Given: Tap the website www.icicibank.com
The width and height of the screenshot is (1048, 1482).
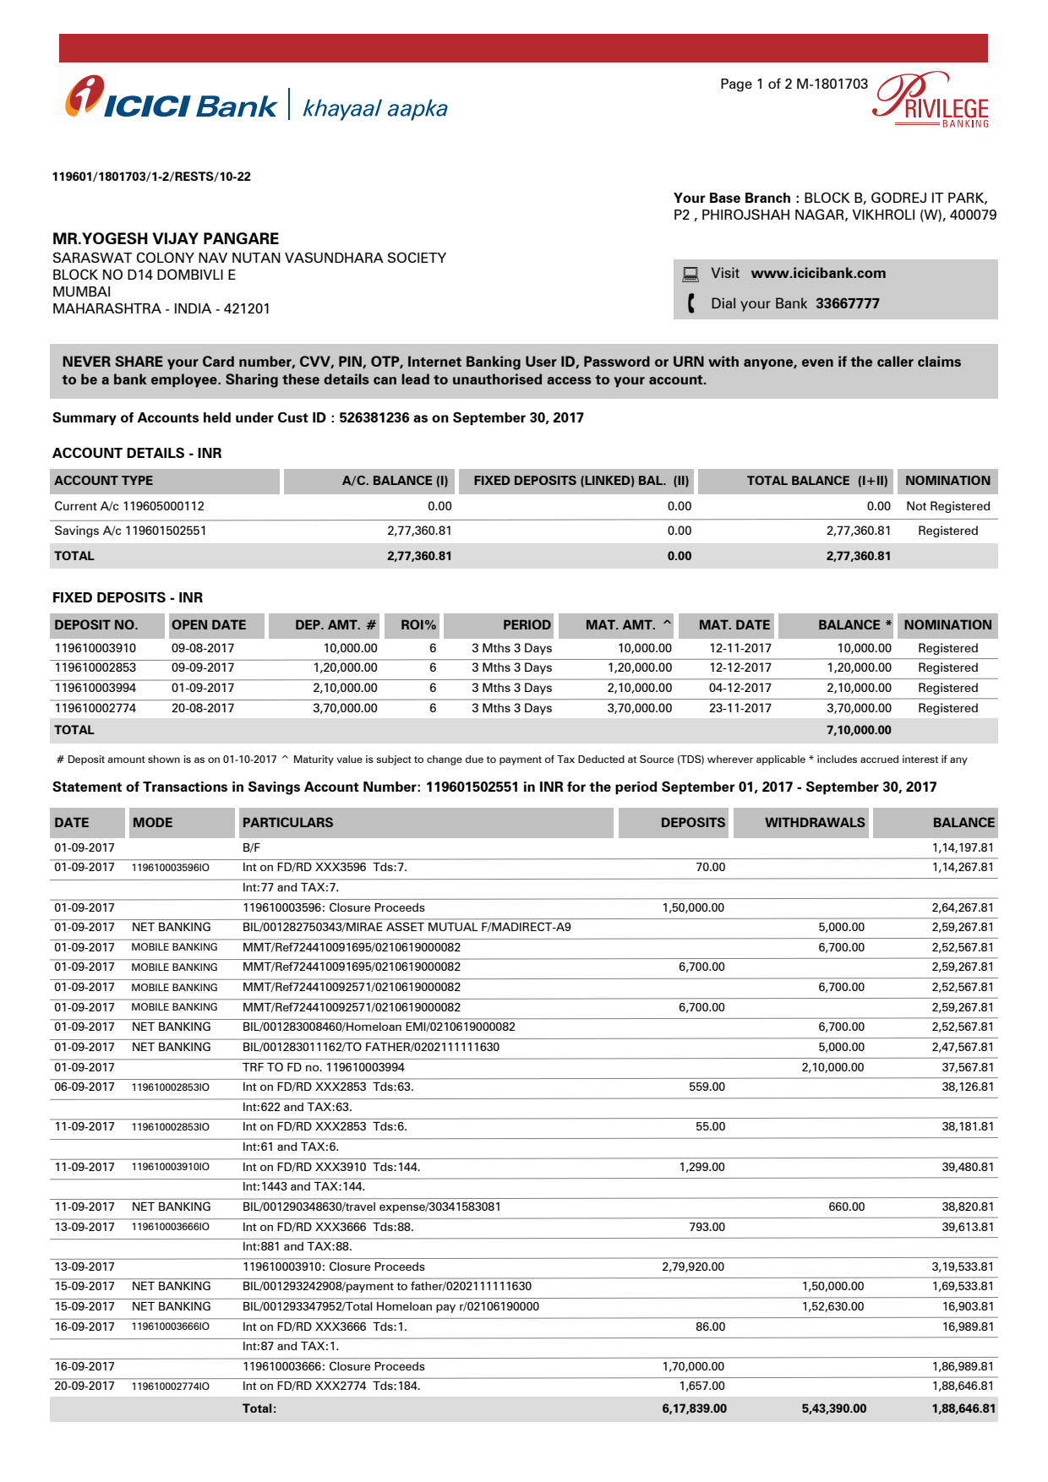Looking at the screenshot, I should click(x=818, y=273).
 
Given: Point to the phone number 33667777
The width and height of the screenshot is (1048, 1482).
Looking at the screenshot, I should click(x=847, y=303).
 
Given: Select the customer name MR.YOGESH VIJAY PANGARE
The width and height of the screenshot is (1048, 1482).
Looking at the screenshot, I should click(x=166, y=238).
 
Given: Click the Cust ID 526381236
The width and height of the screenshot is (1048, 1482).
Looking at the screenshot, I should click(x=374, y=417).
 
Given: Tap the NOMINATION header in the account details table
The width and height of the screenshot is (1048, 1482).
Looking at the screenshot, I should click(x=947, y=481).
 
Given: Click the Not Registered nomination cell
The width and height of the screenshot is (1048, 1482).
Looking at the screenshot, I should click(x=947, y=506).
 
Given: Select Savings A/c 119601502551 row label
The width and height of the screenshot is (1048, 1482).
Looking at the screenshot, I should click(x=130, y=531).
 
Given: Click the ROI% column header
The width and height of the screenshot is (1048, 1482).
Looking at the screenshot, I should click(x=418, y=625).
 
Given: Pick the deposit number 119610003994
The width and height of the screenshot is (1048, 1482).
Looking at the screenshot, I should click(x=95, y=688).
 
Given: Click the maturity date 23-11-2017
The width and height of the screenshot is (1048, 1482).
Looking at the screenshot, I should click(x=740, y=708).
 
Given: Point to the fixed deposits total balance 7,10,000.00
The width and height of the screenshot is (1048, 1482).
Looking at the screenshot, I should click(x=859, y=730).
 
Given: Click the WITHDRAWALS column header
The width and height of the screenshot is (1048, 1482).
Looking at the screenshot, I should click(x=814, y=822).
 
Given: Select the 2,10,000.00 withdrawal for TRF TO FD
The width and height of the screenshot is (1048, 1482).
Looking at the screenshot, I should click(x=832, y=1067).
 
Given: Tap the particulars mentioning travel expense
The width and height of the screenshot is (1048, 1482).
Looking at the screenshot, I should click(x=371, y=1207).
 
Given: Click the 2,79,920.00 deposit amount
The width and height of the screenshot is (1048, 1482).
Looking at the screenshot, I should click(x=693, y=1267).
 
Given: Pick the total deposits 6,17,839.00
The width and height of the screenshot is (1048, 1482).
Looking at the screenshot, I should click(x=694, y=1408).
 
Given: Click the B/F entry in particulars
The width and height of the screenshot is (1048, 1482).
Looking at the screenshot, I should click(x=251, y=847).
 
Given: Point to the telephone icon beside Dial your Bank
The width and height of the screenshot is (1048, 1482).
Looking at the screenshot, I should click(x=691, y=303).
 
